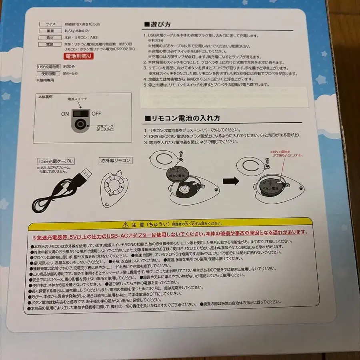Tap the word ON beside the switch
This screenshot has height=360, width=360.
point(65,114)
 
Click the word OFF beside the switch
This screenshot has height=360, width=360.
point(96,114)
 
